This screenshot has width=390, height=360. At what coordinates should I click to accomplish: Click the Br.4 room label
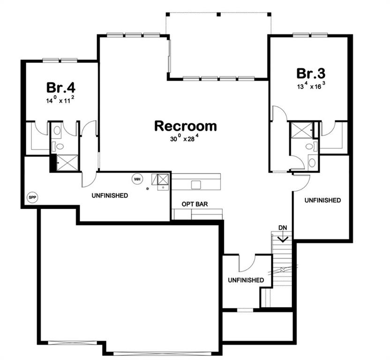(x=60, y=88)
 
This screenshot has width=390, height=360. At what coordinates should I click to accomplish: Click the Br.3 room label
(x=311, y=74)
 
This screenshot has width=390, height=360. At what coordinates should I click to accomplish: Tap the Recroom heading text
(x=186, y=126)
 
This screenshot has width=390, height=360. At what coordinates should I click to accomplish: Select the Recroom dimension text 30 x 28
(x=185, y=138)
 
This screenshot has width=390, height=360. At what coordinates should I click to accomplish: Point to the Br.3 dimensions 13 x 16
(x=311, y=86)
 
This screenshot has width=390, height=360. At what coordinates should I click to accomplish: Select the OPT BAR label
(x=195, y=204)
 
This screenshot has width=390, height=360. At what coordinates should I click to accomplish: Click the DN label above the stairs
(x=283, y=228)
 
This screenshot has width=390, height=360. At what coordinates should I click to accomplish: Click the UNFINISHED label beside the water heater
(x=110, y=195)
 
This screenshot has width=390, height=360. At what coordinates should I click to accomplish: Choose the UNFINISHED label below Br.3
(x=322, y=200)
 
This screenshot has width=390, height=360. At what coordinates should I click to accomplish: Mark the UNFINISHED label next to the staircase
(x=246, y=280)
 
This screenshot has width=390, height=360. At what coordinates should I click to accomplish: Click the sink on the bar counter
(x=196, y=185)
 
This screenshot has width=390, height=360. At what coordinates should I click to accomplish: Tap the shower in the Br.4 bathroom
(x=67, y=163)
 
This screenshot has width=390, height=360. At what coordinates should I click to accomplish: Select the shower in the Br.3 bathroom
(x=302, y=130)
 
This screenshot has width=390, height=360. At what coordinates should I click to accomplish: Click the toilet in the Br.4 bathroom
(x=58, y=146)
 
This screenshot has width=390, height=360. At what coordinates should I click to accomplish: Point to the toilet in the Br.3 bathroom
(x=311, y=146)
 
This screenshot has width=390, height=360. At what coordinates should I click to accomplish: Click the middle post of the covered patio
(x=218, y=15)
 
